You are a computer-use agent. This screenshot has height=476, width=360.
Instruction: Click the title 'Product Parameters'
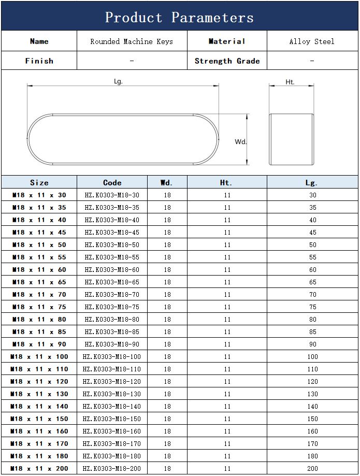point(179,17)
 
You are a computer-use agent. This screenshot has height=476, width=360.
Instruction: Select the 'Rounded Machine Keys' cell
point(132,41)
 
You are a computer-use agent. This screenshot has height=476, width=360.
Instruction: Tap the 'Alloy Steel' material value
point(312,41)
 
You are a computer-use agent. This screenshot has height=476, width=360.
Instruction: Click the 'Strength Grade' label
point(227,61)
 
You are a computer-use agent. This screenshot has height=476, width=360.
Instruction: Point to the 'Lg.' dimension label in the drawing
point(118,82)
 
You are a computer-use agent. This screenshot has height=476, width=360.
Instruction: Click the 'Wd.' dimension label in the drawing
point(240,141)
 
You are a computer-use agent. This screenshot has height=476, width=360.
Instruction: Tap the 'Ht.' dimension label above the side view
point(290,82)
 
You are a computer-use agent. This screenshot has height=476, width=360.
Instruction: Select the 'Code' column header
point(112,182)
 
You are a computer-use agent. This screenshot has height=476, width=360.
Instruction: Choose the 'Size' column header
point(39,182)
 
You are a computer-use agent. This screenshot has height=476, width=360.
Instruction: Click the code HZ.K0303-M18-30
point(112,195)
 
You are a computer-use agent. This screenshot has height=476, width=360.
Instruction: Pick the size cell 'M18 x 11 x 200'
point(39,469)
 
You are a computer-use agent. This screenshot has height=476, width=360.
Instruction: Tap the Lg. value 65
point(312,282)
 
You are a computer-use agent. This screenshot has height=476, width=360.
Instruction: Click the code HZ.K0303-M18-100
point(112,357)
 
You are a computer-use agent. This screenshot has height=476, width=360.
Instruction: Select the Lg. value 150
point(312,419)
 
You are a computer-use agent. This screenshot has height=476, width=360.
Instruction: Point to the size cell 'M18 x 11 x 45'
point(39,233)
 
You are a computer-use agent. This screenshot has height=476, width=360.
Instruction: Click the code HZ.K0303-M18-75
point(112,307)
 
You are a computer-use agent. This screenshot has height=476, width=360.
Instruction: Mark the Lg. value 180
point(312,456)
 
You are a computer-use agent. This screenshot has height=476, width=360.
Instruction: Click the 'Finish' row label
point(39,61)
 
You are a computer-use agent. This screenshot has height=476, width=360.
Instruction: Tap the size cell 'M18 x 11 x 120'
point(39,382)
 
